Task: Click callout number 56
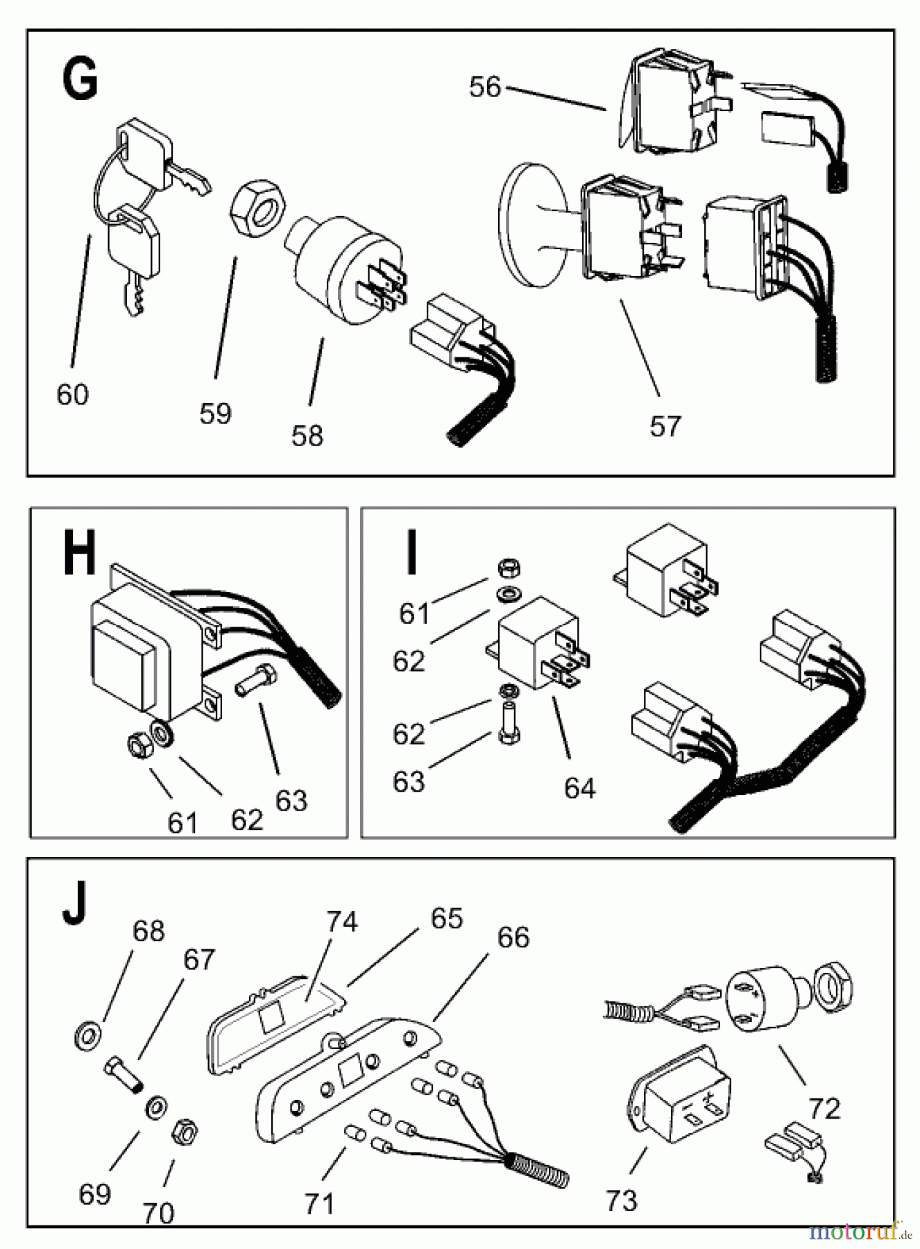click(x=484, y=87)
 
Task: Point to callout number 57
click(x=665, y=426)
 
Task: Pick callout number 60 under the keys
click(x=73, y=394)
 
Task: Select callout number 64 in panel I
click(x=579, y=788)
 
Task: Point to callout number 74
click(x=342, y=921)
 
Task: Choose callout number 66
click(x=513, y=937)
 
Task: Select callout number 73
click(x=621, y=1200)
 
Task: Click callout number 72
click(x=824, y=1109)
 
